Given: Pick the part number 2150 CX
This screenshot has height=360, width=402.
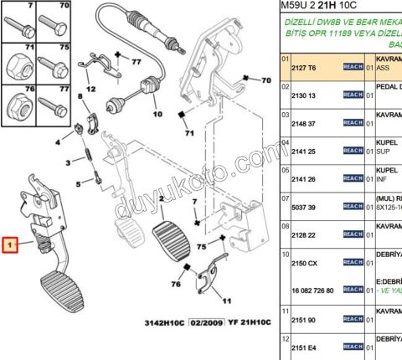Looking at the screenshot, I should coord(305,262).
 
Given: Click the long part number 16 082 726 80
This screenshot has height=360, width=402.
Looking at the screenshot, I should coord(312,290).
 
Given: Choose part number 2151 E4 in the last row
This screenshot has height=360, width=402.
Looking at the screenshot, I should coord(305,347).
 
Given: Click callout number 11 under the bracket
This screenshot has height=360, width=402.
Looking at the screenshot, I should coord(226,300).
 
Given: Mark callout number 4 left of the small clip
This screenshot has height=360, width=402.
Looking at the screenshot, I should coord(58,142).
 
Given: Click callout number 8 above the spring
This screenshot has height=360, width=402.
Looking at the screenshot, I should coord(80,98).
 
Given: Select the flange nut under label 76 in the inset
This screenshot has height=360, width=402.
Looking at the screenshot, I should coord(18,107).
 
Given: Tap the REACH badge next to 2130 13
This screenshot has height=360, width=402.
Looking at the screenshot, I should coord(352,95).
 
